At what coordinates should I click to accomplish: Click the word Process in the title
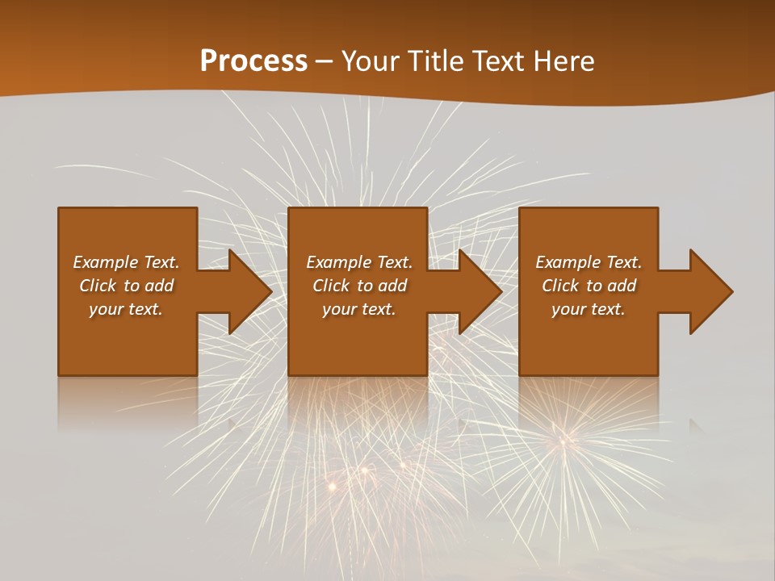pos(253,61)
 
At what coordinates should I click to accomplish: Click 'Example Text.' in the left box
pos(126,262)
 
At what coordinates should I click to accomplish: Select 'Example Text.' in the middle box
pos(358,262)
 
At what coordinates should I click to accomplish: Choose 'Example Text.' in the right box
pos(589,262)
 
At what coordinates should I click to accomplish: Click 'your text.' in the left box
pos(126,309)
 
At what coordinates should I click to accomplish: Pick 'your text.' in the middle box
pos(358,309)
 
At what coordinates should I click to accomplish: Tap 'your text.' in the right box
pos(589,309)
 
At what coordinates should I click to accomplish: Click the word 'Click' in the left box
pos(98,286)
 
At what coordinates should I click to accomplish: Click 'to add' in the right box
pos(612,286)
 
